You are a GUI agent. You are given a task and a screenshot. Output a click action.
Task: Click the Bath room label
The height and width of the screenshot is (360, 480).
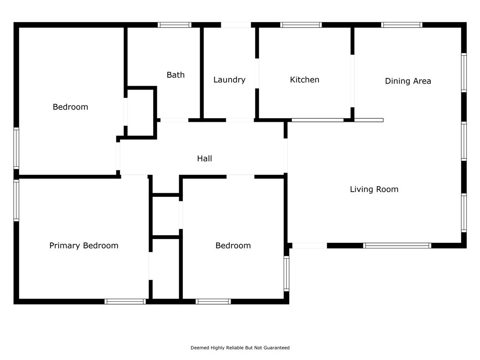coord(175,75)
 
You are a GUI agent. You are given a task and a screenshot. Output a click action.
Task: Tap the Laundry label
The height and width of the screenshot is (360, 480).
coord(229,80)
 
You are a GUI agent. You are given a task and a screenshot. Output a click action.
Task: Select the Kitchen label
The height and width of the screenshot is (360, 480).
coord(305,80)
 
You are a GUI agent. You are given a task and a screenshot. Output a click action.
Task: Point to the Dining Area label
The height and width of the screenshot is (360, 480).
coord(408,81)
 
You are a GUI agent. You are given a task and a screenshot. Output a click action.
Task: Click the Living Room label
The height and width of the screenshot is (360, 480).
coord(374,189)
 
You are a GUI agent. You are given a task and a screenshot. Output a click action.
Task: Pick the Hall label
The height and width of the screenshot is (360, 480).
coord(204,158)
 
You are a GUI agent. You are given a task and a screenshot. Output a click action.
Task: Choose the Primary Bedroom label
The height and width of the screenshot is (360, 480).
coord(84,246)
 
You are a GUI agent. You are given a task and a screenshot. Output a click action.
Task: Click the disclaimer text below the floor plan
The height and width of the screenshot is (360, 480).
coord(240,348)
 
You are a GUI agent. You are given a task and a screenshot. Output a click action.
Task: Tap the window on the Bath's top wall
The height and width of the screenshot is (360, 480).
coord(174,25)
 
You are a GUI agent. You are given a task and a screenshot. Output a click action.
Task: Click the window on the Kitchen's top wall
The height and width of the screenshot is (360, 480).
coord(301,25)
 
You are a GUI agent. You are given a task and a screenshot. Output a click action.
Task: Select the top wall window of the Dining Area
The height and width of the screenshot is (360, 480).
coord(402,25)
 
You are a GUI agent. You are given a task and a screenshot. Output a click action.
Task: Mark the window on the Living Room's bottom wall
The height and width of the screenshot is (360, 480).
coord(397,246)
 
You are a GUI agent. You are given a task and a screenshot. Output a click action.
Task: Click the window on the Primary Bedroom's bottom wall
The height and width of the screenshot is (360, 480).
coord(125,301)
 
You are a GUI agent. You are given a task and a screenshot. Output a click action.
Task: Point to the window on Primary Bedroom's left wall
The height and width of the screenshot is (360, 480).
coord(16,200)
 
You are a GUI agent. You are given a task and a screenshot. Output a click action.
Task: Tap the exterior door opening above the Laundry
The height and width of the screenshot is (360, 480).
coord(236,25)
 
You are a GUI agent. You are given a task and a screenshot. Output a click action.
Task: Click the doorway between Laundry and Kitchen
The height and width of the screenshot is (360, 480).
coord(257,74)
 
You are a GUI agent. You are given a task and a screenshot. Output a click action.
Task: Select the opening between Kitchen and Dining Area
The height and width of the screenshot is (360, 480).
coord(352,81)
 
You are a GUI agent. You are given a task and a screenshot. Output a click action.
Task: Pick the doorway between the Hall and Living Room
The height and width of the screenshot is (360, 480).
coord(285,156)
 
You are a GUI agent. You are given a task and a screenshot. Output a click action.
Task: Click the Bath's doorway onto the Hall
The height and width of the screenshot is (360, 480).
coord(174,120)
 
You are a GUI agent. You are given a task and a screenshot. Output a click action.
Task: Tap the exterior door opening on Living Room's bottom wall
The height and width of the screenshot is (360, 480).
coord(310,246)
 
